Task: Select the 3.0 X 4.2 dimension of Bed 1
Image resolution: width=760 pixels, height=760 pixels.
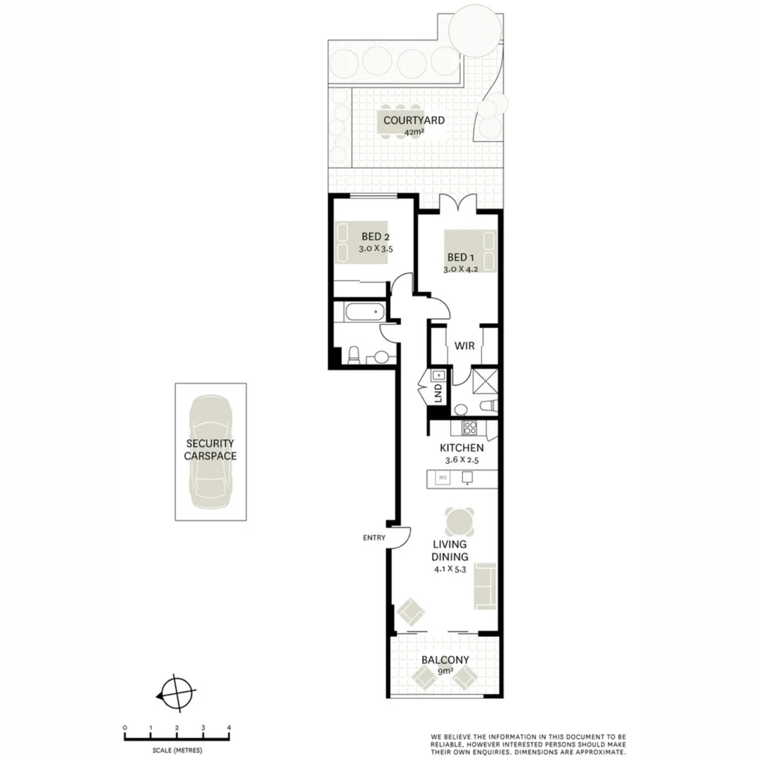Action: (462, 269)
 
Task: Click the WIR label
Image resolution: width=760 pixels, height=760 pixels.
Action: (464, 346)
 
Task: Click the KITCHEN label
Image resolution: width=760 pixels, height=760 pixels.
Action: (462, 448)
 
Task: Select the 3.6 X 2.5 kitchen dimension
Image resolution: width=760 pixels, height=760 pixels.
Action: (462, 460)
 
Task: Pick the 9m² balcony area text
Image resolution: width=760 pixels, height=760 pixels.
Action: (445, 671)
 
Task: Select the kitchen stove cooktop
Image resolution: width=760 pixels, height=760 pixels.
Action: (470, 427)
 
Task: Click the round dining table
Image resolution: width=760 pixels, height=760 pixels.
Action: (458, 522)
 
